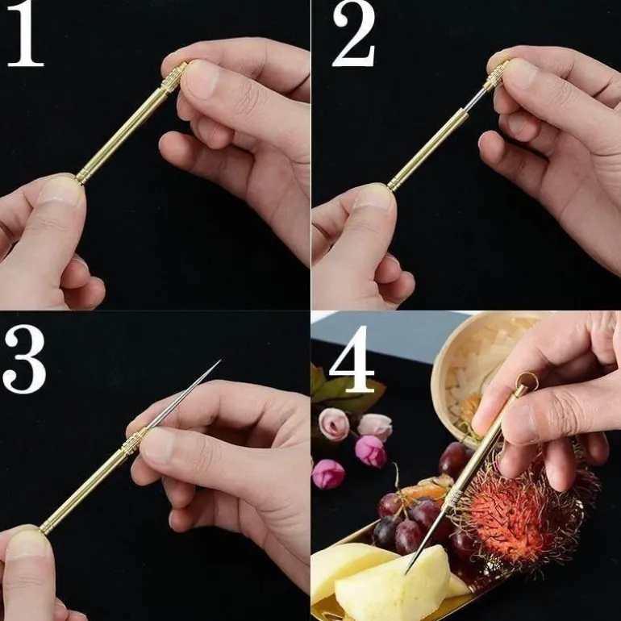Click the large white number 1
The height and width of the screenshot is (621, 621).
click(25, 34)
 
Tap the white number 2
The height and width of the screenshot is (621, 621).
click(353, 34)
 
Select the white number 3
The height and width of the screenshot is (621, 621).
click(24, 359)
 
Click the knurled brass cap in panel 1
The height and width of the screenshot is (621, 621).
click(174, 77)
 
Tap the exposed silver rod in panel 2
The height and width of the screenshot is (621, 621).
click(475, 99)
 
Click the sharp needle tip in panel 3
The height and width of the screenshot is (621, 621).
click(220, 361)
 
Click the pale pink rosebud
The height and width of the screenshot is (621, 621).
click(334, 424)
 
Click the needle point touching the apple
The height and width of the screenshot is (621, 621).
click(406, 573)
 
